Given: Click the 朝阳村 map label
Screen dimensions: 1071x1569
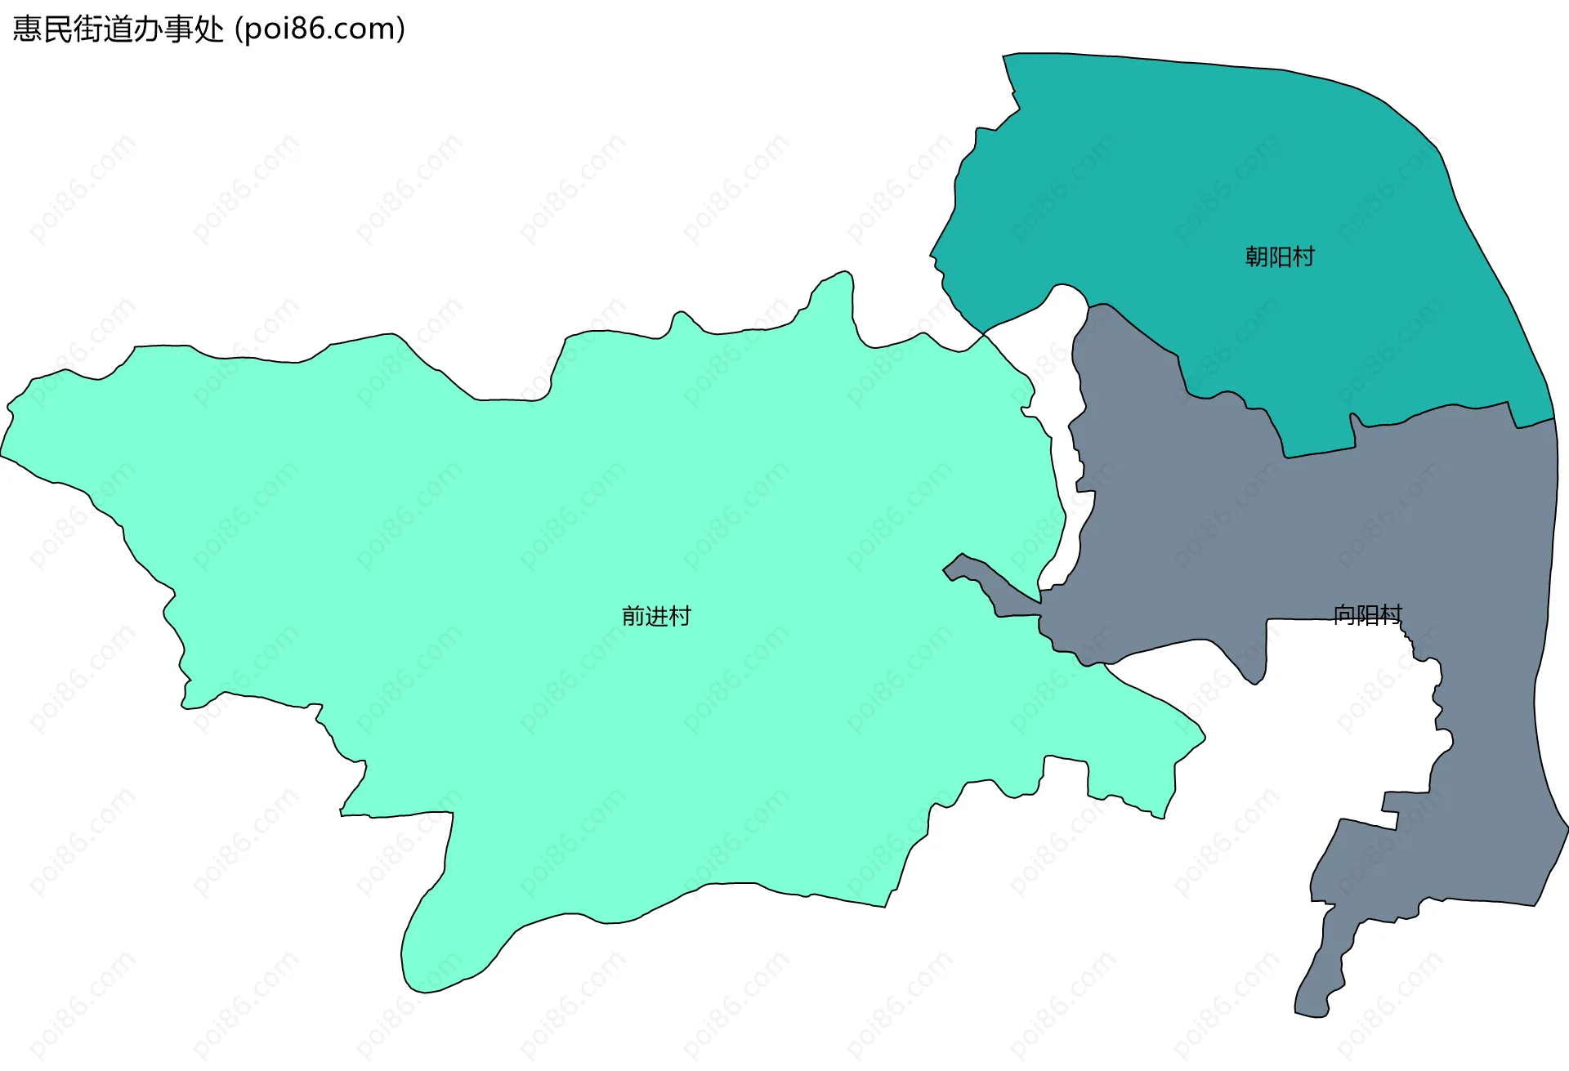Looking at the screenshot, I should (x=1280, y=257).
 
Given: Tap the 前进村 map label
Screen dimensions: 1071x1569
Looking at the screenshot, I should (x=656, y=616).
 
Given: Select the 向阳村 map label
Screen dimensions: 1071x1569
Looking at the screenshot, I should (x=1367, y=614).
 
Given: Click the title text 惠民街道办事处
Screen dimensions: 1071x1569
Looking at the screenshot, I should (x=118, y=29).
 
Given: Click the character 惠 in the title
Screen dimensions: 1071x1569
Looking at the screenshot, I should (x=27, y=29).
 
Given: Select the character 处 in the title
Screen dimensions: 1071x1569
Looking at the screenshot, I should (x=209, y=29).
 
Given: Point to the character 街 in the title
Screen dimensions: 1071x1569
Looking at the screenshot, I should (x=88, y=29).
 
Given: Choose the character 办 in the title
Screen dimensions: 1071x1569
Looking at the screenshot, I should (x=149, y=29).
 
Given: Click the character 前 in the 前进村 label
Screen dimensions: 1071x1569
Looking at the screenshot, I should (x=633, y=616).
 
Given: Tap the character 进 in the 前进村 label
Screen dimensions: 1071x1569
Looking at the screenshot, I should (x=656, y=616).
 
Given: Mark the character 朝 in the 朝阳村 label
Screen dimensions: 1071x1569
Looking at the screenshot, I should (x=1257, y=257).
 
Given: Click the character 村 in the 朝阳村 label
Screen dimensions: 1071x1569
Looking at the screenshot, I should (x=1303, y=257).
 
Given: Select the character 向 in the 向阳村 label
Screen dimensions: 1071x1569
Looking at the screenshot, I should (x=1344, y=614).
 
